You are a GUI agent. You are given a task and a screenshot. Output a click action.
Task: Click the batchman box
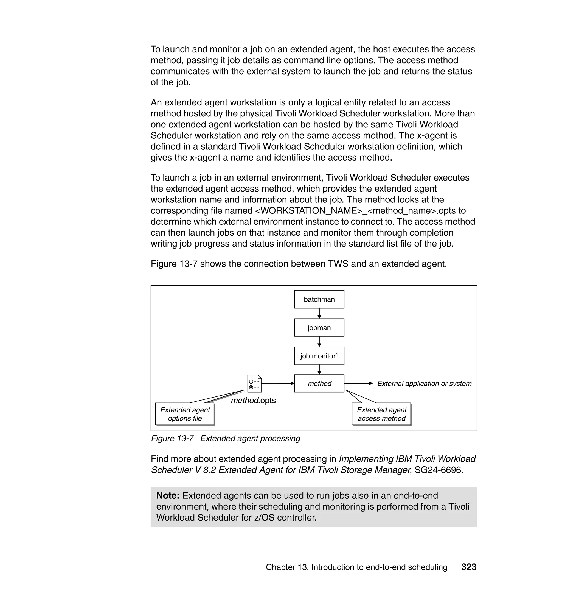[x=319, y=299]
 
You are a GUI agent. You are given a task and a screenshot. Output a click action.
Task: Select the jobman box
[x=319, y=327]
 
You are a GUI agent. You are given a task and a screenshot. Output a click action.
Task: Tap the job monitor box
[x=319, y=356]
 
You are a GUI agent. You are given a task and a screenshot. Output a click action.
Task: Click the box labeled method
[x=319, y=383]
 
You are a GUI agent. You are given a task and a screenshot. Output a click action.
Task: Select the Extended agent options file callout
[x=185, y=414]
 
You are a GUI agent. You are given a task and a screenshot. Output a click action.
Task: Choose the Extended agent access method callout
[x=381, y=414]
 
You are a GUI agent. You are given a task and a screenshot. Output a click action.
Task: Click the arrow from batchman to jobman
[x=319, y=313]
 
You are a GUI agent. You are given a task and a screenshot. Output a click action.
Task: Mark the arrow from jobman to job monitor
[x=319, y=342]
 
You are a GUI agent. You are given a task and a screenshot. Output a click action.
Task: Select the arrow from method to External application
[x=358, y=383]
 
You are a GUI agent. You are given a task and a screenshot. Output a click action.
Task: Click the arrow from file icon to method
[x=278, y=383]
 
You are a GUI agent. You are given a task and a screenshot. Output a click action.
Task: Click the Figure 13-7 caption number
[x=172, y=438]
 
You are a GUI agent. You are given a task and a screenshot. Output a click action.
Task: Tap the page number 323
[x=469, y=567]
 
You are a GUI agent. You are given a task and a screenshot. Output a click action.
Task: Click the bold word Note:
[x=168, y=496]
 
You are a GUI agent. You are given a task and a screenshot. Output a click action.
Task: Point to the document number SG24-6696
[x=439, y=470]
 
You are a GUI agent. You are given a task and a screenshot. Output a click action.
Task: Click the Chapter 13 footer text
[x=356, y=567]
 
